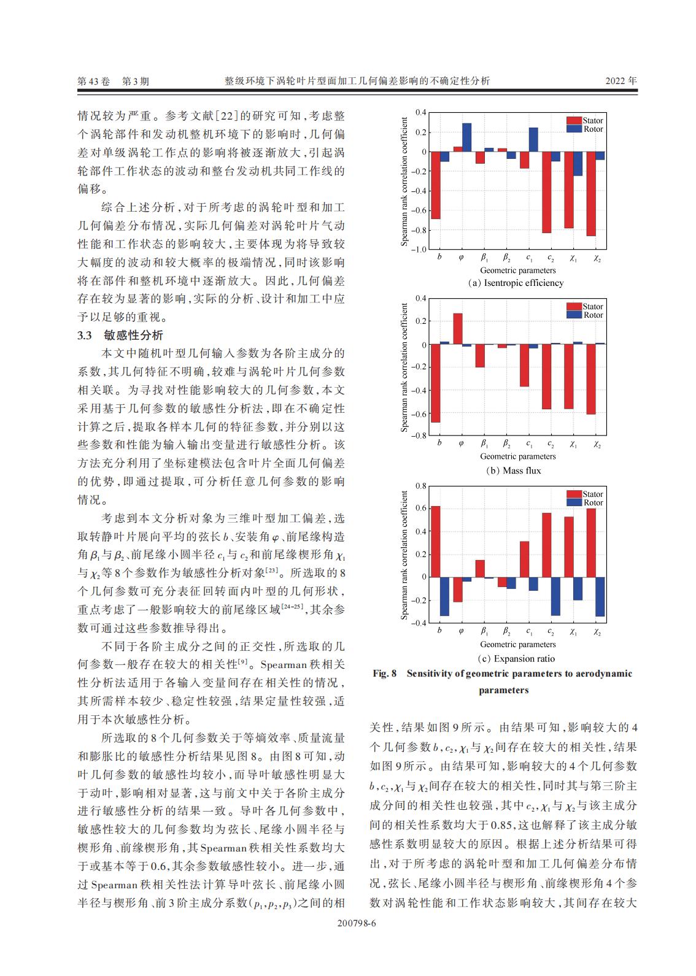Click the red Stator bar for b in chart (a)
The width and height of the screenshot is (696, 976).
point(435,185)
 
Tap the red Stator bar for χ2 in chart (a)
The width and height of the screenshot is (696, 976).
point(590,194)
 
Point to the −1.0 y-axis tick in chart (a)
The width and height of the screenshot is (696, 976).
point(418,250)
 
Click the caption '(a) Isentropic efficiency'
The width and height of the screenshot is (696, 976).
point(516,283)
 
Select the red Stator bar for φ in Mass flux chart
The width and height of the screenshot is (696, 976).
point(458,329)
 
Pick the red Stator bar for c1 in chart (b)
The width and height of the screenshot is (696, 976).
point(524,366)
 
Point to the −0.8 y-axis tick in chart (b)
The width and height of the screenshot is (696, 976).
point(418,436)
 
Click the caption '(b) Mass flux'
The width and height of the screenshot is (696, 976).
point(513,471)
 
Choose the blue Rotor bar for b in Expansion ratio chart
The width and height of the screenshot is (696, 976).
point(444,596)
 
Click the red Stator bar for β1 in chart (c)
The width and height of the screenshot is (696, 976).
point(480,569)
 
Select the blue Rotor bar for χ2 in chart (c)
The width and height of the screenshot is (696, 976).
point(600,596)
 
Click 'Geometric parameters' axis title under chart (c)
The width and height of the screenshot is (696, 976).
point(517,644)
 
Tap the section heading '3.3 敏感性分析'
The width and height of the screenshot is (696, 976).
point(120,335)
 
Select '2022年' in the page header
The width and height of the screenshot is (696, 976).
point(621,81)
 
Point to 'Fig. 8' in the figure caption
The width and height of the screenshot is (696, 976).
point(385,674)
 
